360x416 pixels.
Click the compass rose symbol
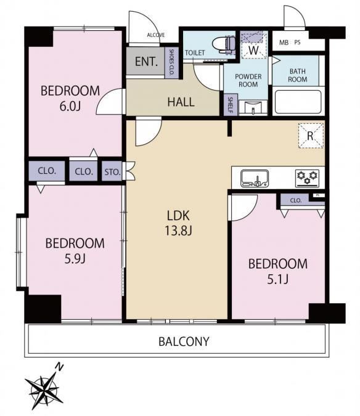[44, 390]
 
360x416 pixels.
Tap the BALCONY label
[184, 341]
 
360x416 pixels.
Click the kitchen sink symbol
[255, 178]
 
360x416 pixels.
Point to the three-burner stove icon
[307, 178]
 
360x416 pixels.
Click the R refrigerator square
[311, 136]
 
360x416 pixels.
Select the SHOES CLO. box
[171, 63]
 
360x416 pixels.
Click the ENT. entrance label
[147, 62]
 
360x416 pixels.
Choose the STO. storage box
[112, 172]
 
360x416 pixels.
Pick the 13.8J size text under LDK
[178, 230]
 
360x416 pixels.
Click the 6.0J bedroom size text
[70, 106]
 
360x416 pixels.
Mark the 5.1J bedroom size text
[278, 279]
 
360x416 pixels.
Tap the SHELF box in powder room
[231, 105]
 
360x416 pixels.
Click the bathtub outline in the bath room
[298, 102]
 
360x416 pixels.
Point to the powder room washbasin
[253, 107]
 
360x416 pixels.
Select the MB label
[284, 42]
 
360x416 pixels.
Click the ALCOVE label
[156, 35]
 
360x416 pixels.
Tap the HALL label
[181, 102]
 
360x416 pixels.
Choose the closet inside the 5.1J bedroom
[295, 200]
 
